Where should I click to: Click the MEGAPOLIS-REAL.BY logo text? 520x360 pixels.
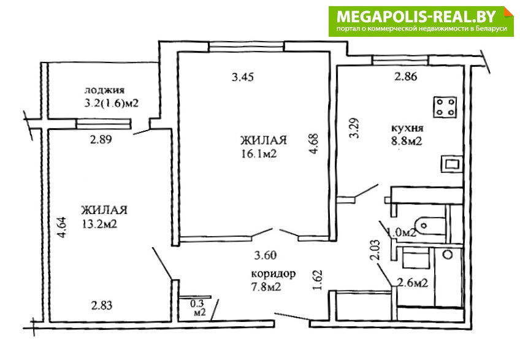point(416,16)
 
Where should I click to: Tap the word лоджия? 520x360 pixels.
point(104,90)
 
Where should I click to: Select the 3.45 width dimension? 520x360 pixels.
point(243,77)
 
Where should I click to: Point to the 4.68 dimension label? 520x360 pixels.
point(313,144)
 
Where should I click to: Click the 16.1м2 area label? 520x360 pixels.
point(259,154)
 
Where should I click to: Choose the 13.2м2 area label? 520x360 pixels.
point(99,224)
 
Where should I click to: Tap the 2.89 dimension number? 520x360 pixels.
point(101,139)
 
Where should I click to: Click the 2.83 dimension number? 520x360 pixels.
point(102,305)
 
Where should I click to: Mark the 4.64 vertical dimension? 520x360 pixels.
point(62,227)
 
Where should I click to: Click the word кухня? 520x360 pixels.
point(408,128)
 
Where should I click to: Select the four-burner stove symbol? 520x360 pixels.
point(445,107)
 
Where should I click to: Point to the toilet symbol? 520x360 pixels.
point(431,226)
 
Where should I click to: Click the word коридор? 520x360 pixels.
point(273,274)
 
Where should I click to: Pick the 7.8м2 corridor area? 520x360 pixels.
point(266,286)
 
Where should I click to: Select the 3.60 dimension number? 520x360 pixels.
point(266,256)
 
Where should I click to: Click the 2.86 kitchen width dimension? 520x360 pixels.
point(406,77)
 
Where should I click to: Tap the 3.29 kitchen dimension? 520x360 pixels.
point(354,128)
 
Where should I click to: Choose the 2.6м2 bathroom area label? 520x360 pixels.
point(413,283)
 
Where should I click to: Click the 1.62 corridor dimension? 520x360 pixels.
point(318,280)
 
